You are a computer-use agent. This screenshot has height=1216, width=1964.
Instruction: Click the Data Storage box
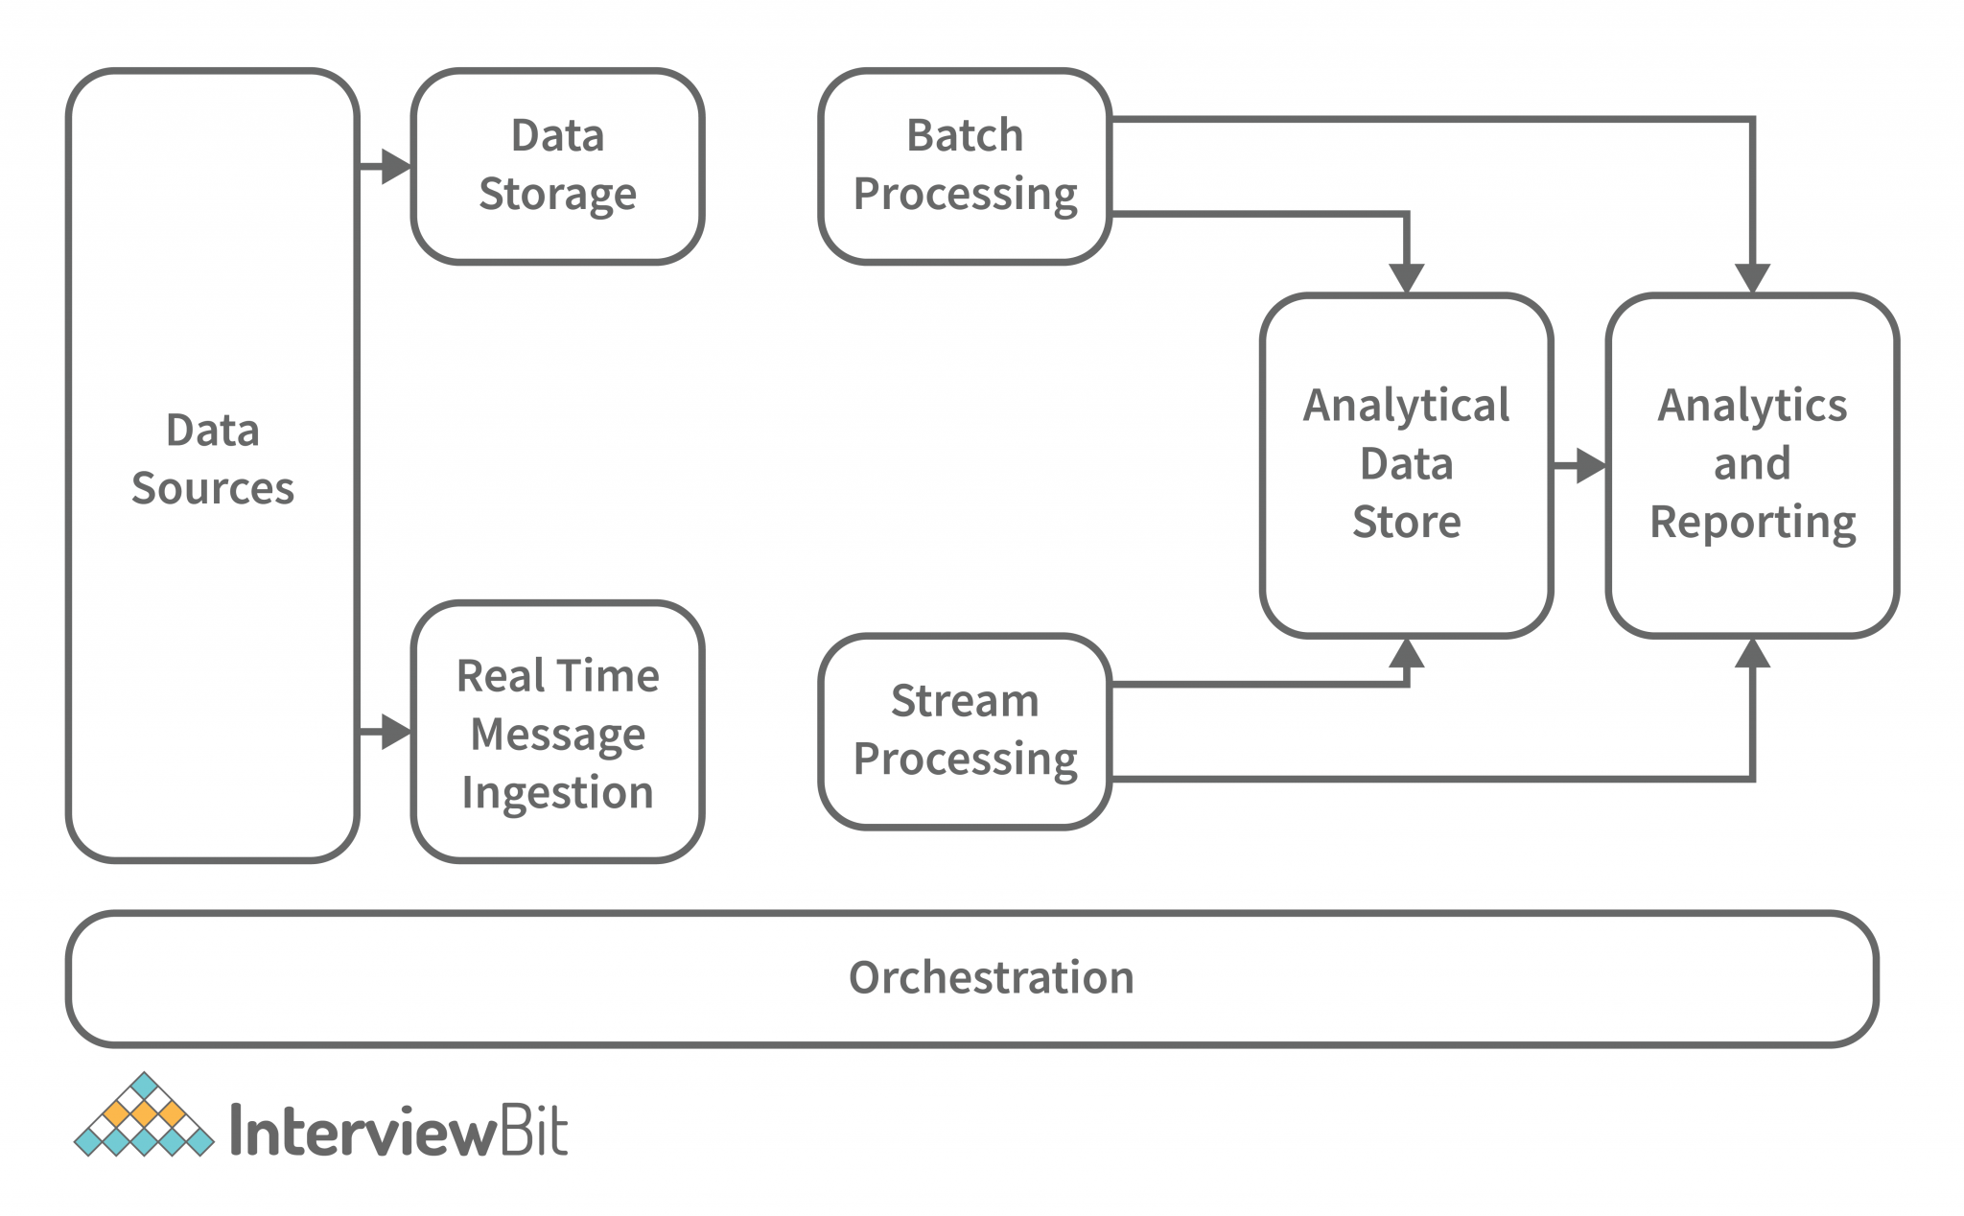557,166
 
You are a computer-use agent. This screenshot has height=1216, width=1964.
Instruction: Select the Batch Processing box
965,166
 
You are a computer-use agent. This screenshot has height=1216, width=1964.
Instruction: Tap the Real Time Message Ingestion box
557,733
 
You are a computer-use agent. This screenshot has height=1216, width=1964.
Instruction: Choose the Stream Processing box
965,731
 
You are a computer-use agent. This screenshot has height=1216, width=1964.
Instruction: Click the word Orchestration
991,977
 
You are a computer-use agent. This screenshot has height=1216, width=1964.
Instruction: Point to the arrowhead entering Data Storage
395,166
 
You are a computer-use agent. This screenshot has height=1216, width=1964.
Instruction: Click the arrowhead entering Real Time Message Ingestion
395,732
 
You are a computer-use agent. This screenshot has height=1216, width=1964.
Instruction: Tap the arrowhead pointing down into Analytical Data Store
1406,278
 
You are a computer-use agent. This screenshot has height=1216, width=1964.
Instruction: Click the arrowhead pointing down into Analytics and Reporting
1752,278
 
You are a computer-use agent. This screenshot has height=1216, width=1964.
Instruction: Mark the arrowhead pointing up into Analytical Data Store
1406,654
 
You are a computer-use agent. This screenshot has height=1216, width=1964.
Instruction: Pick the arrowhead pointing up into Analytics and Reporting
1752,654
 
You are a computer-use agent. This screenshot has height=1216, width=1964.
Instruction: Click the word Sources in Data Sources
213,488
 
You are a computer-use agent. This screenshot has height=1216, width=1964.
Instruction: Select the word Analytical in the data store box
1406,406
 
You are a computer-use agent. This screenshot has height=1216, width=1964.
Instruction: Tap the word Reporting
1752,523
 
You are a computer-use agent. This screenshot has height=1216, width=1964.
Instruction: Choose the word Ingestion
557,793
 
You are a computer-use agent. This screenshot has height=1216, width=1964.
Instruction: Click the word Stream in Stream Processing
965,701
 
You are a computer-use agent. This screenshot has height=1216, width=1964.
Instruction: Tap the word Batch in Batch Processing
965,135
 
